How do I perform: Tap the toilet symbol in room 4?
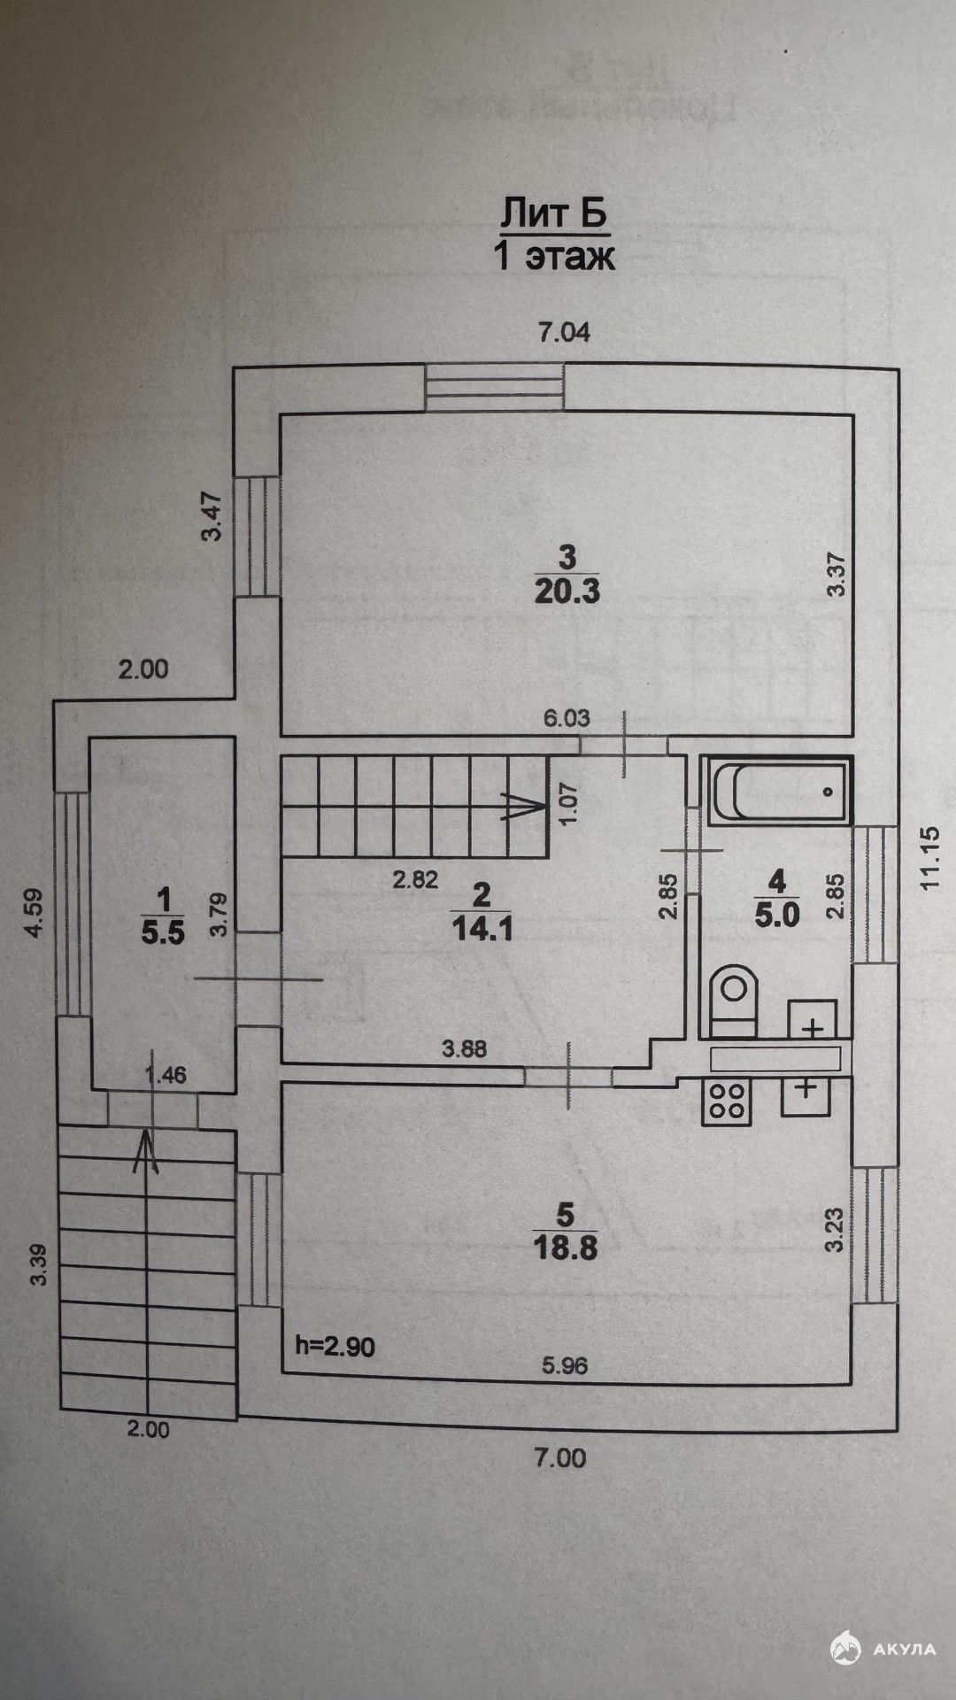(734, 1001)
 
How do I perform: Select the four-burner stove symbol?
(726, 1102)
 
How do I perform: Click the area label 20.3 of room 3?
(567, 591)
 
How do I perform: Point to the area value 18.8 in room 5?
(566, 1248)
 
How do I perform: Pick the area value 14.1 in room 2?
(482, 929)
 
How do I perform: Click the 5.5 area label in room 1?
(164, 932)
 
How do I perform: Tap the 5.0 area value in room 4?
(777, 915)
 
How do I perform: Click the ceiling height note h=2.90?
(335, 1347)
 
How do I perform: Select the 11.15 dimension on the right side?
(929, 858)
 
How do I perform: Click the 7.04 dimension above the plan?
(565, 333)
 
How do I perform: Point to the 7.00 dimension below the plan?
(560, 1457)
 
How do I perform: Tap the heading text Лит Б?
(554, 213)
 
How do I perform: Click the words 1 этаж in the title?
(554, 256)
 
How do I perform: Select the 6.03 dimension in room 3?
(567, 717)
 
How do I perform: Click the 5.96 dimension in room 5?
(565, 1366)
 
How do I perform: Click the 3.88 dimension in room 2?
(465, 1050)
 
